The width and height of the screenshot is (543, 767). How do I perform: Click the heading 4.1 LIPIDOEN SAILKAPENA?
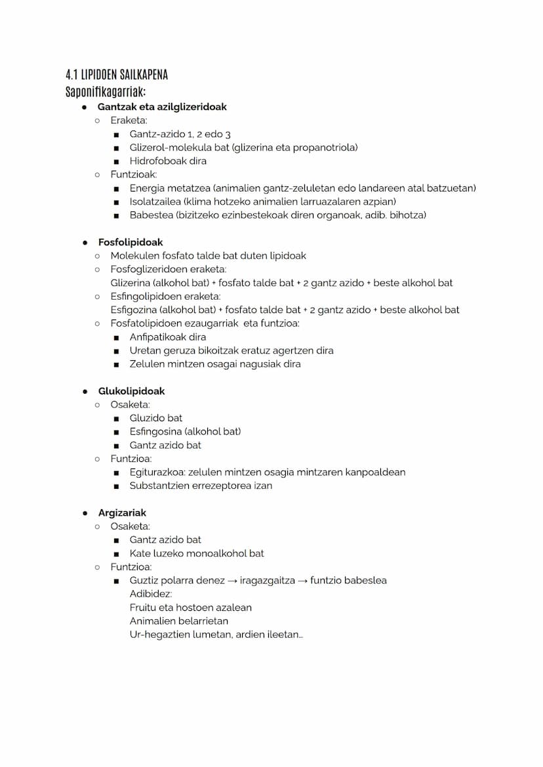[x=117, y=74]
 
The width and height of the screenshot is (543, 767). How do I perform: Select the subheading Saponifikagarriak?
[x=106, y=91]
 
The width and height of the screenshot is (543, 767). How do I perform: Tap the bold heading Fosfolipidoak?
[x=131, y=242]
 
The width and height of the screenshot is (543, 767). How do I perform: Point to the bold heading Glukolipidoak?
[x=131, y=391]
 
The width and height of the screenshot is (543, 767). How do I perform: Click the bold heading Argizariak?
[x=122, y=512]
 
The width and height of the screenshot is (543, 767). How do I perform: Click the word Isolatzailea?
[x=155, y=201]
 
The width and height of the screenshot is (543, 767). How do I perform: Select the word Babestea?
[x=150, y=215]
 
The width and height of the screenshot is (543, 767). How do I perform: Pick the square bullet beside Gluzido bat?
[x=116, y=418]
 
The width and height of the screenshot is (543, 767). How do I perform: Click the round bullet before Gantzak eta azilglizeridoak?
[x=85, y=106]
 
